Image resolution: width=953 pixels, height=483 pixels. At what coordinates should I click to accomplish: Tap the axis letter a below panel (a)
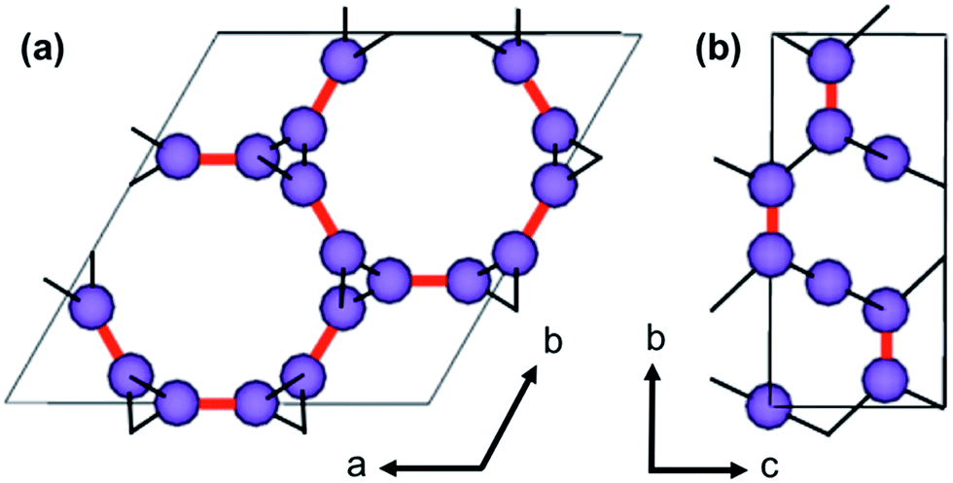(358, 467)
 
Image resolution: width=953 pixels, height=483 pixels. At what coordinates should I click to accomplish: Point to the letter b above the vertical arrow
(657, 342)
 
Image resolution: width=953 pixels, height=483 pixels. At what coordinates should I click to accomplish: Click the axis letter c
(769, 467)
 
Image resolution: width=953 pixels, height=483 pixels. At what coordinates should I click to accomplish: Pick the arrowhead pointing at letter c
(740, 468)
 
